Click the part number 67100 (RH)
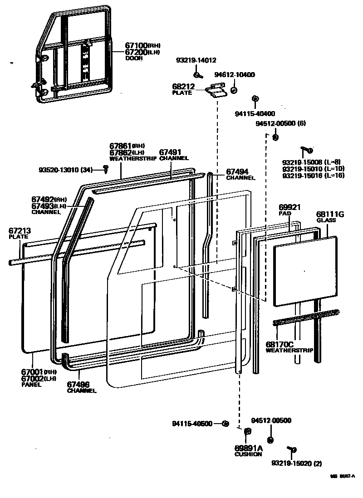(136, 46)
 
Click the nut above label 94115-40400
(255, 99)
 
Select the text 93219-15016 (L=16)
(313, 176)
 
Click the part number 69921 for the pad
(289, 207)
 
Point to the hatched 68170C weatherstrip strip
(306, 317)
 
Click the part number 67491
(170, 152)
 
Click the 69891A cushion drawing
(248, 431)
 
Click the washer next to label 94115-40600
(225, 424)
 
